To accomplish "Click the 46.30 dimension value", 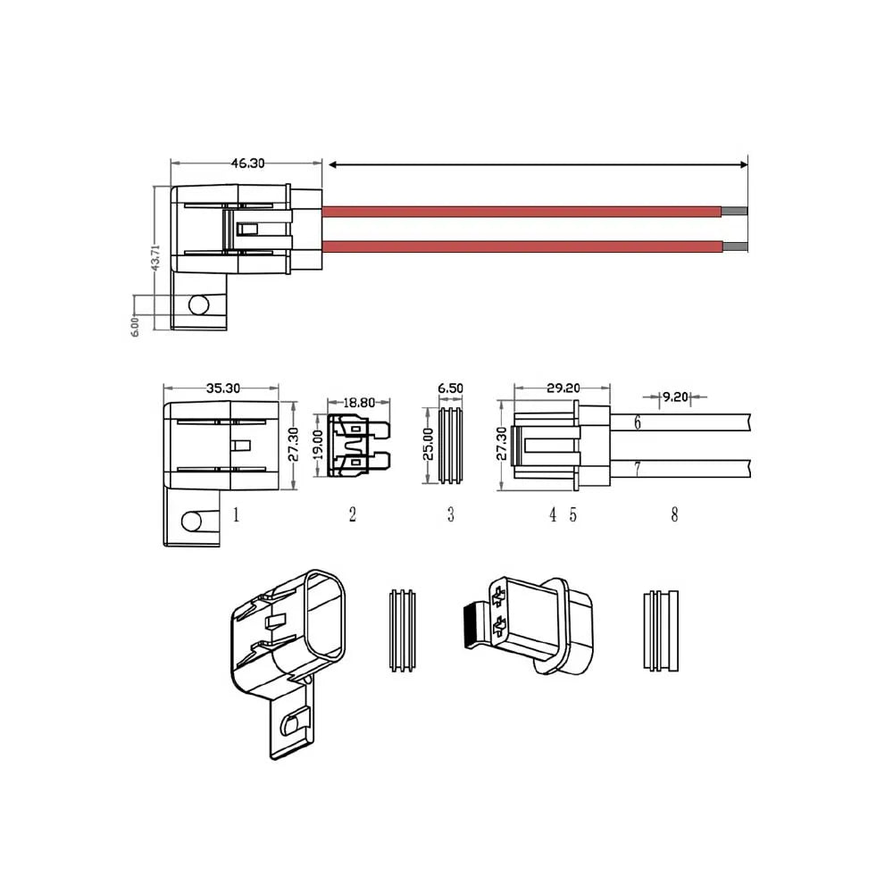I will point(247,163).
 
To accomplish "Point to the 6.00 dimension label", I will point(135,326).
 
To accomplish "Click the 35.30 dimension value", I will point(222,388).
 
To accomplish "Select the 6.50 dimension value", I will point(450,388).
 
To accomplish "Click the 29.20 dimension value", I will point(563,388).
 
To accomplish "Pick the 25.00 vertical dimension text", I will point(428,443).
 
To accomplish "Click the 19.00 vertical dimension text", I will point(316,443).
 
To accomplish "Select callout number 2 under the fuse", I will point(353,514).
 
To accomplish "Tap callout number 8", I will point(674,514).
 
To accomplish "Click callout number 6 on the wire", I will point(638,422).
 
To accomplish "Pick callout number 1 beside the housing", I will point(236,514).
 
